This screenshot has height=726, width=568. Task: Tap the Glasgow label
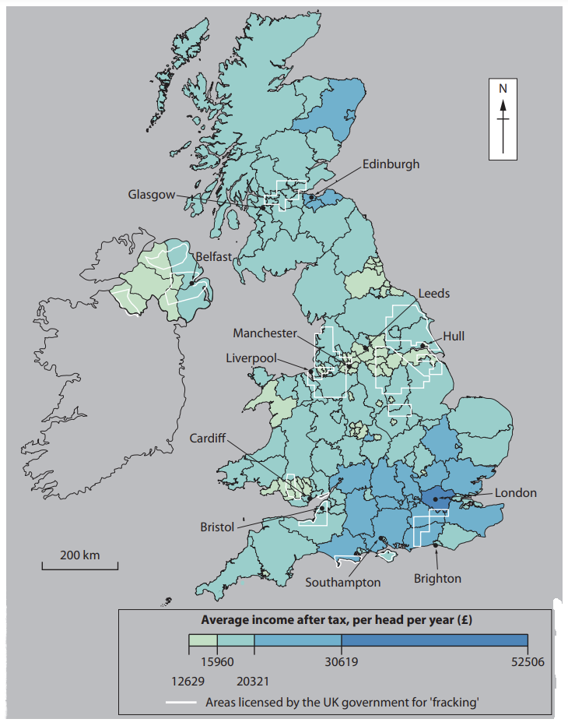click(152, 195)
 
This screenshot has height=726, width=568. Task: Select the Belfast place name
click(212, 256)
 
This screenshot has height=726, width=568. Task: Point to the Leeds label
click(434, 294)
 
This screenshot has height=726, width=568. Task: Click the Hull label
click(454, 336)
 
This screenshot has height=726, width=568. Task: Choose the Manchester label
click(265, 333)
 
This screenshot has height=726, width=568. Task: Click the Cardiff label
click(208, 439)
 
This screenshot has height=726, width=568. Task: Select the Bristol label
click(217, 527)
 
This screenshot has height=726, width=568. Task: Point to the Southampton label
click(342, 582)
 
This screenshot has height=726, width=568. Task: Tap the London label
click(515, 493)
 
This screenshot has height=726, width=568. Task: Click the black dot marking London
click(437, 499)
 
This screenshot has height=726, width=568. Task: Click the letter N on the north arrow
click(503, 88)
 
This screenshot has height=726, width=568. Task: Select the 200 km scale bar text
click(80, 555)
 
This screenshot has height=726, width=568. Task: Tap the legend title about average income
click(337, 620)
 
